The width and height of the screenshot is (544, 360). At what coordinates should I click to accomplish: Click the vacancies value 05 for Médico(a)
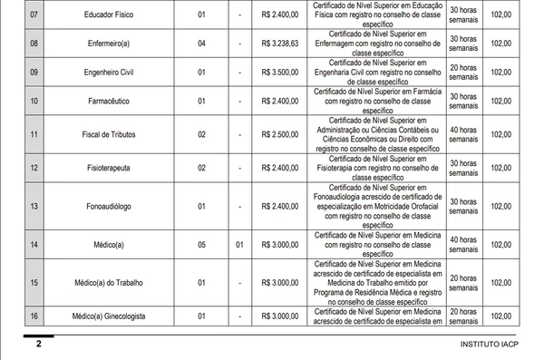pos(202,245)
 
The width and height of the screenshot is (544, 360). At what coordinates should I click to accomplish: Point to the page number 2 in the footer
pos(38,345)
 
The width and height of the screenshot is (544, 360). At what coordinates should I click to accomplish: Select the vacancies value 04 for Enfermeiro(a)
pos(202,44)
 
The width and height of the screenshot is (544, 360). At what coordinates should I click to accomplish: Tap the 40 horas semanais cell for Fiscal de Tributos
pos(462,135)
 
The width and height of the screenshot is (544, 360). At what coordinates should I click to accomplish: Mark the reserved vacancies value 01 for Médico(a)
pos(239,245)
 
